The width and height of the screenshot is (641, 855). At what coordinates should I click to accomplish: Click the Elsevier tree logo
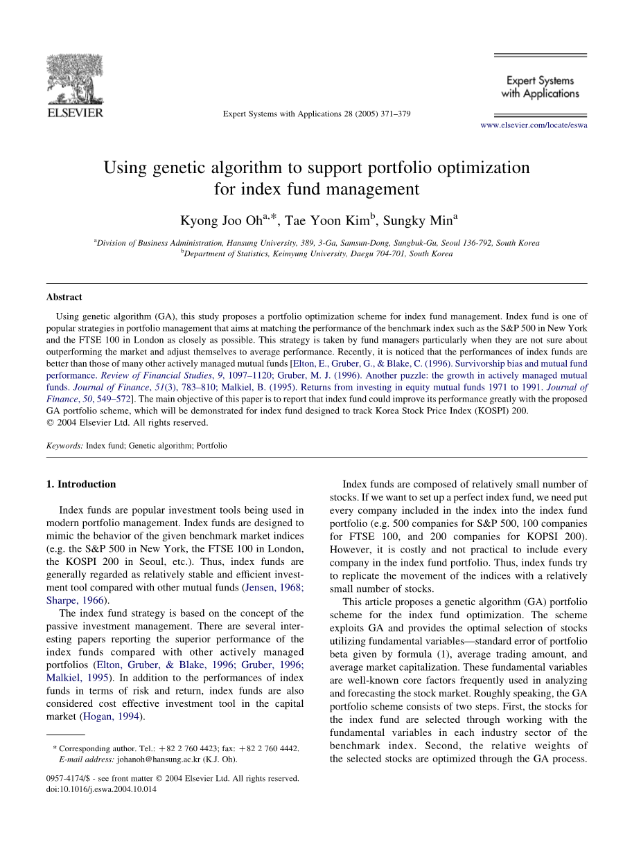pyautogui.click(x=74, y=79)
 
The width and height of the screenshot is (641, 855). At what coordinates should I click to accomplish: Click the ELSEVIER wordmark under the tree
pyautogui.click(x=75, y=112)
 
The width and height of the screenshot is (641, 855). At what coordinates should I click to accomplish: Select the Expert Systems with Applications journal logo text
pyautogui.click(x=540, y=87)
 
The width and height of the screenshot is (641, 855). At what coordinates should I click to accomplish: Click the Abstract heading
pyautogui.click(x=64, y=297)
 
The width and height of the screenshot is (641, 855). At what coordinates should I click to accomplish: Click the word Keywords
pyautogui.click(x=64, y=446)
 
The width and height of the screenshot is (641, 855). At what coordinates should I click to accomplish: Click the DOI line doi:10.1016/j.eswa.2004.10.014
pyautogui.click(x=101, y=789)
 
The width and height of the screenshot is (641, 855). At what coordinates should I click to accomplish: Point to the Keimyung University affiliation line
pyautogui.click(x=317, y=253)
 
